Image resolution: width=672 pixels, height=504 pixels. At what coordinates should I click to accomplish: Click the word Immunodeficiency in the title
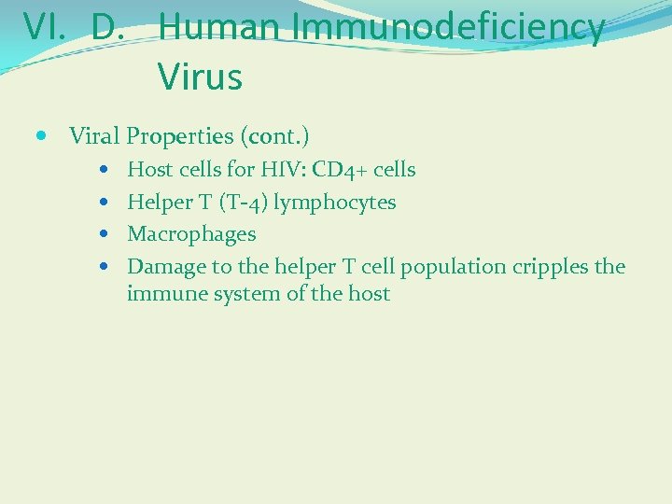point(448,27)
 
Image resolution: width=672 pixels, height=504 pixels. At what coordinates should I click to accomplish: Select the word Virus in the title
point(200,77)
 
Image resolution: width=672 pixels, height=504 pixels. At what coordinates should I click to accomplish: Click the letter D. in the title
point(110,27)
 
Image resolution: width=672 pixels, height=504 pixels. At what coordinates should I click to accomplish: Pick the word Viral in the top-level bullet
point(94,136)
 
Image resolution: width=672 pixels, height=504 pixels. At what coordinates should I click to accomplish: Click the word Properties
point(179,136)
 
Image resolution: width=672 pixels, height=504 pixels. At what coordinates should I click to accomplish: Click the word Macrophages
point(191,234)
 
